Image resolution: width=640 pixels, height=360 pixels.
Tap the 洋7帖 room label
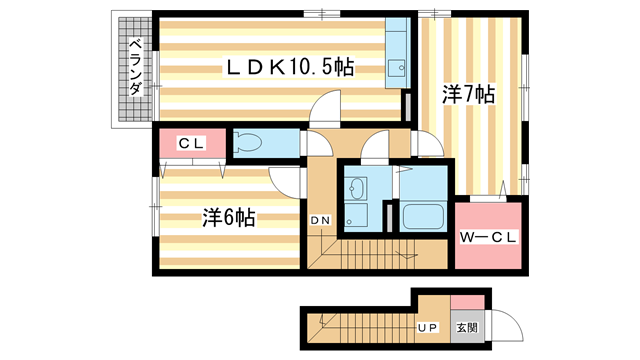tap(469, 95)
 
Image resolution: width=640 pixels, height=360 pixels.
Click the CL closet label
tap(191, 144)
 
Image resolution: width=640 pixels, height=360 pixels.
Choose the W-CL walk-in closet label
tap(487, 237)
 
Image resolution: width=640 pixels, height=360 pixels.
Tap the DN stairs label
tap(320, 220)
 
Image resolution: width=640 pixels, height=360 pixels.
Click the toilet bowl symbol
tap(251, 143)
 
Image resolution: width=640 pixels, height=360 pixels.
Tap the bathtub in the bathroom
tap(423, 215)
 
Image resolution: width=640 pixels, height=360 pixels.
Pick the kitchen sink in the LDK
tap(398, 68)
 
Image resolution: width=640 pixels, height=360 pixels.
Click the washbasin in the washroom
tap(357, 190)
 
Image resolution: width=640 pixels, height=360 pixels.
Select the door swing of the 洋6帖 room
tap(288, 180)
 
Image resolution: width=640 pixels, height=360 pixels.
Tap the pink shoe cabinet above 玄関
tap(467, 302)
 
